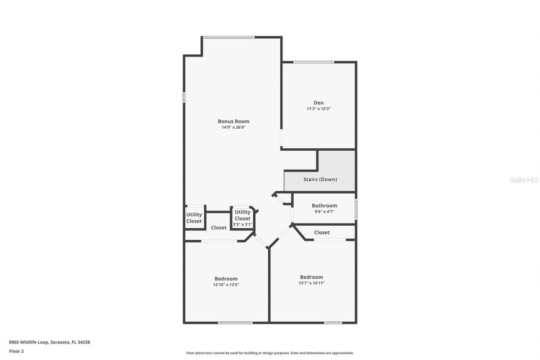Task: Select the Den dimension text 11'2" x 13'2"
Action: (x=318, y=108)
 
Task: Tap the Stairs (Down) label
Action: (x=320, y=179)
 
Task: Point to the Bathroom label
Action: (x=324, y=206)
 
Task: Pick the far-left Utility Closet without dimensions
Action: (x=194, y=218)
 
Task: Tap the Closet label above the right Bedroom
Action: (x=322, y=233)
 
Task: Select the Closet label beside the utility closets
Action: (x=219, y=227)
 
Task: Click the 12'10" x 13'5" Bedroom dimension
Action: (x=226, y=285)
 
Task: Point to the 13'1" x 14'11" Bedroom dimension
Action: (x=311, y=283)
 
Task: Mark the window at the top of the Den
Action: (x=314, y=62)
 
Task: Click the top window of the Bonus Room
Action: (x=229, y=38)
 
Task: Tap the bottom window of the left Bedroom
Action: (x=235, y=323)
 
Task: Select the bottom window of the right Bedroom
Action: (x=333, y=323)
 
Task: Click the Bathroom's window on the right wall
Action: (x=356, y=209)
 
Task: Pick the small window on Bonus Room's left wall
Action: (x=184, y=97)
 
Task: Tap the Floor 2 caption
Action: (x=16, y=351)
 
